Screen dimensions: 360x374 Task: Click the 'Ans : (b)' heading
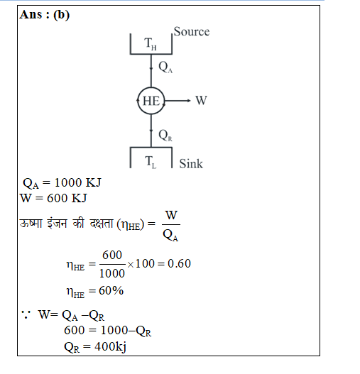[x=45, y=15]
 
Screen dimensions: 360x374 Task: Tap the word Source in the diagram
[x=192, y=31]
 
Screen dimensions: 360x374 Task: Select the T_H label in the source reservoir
[x=151, y=44]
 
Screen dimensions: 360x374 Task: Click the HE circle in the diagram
[x=138, y=101]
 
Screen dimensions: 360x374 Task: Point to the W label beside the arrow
[x=201, y=100]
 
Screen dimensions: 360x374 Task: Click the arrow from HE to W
[x=178, y=101]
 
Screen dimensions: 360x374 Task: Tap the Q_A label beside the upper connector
[x=165, y=67]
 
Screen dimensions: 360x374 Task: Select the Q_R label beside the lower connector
[x=165, y=136]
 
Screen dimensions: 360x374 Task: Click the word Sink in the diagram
[x=191, y=164]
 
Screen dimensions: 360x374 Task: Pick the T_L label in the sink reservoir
[x=151, y=162]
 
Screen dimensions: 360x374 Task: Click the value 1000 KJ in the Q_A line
[x=78, y=182]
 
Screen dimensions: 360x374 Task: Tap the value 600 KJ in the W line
[x=67, y=198]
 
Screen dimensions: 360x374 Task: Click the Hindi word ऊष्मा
[x=31, y=224]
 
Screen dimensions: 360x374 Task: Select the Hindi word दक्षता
[x=102, y=224]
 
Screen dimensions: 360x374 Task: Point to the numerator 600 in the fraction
[x=112, y=255]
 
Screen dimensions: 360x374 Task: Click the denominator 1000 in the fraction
[x=112, y=273]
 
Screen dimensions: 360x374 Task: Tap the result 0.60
[x=179, y=263]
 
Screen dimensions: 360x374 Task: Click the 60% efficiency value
[x=111, y=290]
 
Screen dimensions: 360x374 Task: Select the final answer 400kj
[x=110, y=346]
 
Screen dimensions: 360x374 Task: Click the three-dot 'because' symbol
[x=26, y=314]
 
